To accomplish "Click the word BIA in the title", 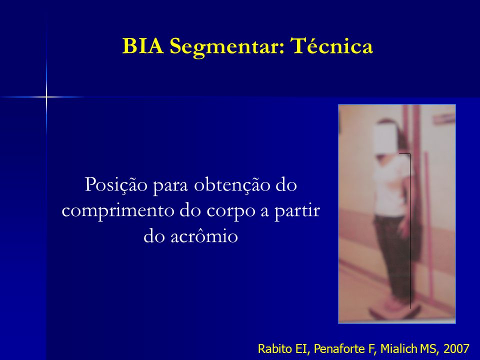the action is (x=143, y=46).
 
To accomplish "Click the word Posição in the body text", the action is (x=115, y=185).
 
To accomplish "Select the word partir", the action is (x=296, y=211).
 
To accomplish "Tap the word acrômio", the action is (x=204, y=235).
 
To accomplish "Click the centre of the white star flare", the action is (x=46, y=97).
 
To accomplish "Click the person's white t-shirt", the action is (x=392, y=186).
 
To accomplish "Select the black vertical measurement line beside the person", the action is (x=410, y=231).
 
